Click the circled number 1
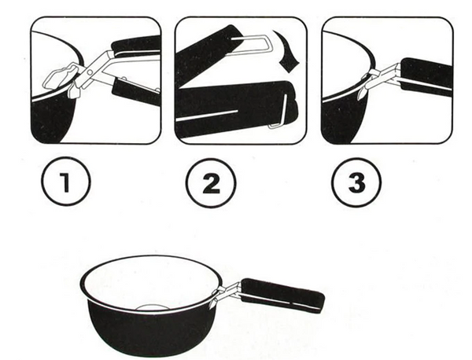[x=65, y=182]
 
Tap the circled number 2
[x=212, y=183]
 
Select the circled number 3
[x=357, y=182]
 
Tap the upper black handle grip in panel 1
[x=135, y=44]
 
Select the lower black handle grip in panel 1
[x=135, y=90]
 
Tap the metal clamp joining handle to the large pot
[x=227, y=292]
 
